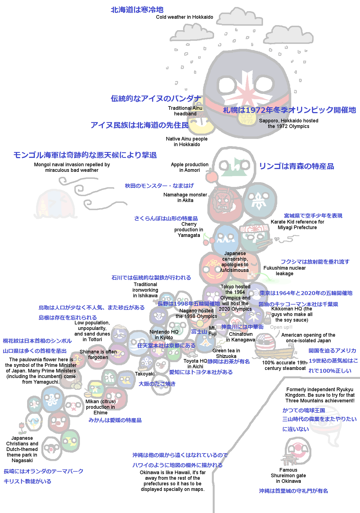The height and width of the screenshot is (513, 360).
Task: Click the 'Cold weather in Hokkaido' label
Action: (184, 17)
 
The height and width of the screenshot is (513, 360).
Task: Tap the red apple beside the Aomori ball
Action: (212, 176)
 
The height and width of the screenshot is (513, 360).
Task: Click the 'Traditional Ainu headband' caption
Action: (185, 111)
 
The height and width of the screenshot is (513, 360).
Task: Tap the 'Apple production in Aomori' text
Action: (190, 167)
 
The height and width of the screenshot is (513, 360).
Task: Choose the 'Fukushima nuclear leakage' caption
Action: (285, 271)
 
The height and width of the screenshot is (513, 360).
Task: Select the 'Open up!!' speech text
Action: (281, 327)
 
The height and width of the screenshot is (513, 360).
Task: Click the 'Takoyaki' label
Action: (145, 374)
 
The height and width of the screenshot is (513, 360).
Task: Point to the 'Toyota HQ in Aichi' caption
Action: (195, 364)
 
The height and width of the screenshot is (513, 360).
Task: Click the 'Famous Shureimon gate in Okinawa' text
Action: (288, 476)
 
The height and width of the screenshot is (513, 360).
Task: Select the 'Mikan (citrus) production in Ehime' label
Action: (100, 407)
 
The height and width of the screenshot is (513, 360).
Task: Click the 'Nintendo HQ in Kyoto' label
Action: (164, 335)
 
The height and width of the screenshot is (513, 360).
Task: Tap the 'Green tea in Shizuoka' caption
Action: (226, 353)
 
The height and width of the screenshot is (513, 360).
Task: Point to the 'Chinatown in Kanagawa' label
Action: (240, 337)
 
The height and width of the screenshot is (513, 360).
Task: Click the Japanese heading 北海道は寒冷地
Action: (137, 10)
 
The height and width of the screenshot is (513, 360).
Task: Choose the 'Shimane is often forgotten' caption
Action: (98, 355)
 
